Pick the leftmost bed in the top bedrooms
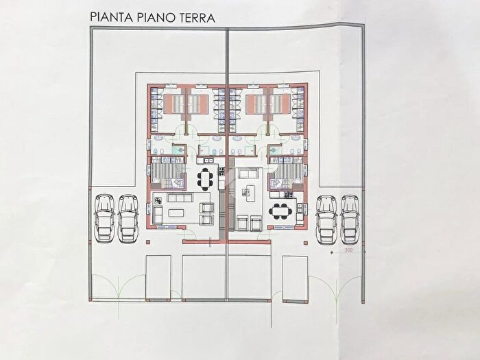174,104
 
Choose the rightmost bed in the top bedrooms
281,104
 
